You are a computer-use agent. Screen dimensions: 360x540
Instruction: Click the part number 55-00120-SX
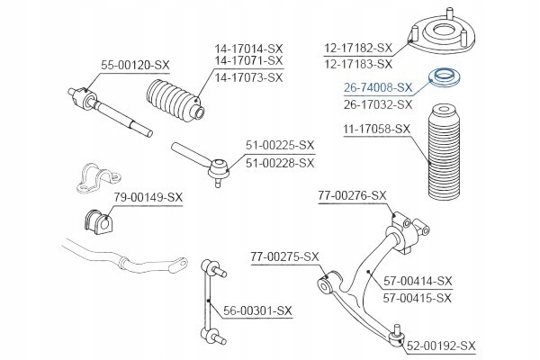[134, 65]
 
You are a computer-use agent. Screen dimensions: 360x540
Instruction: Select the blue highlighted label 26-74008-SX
[378, 88]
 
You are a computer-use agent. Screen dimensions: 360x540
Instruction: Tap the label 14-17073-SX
[248, 77]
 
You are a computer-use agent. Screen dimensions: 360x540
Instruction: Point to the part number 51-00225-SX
[280, 145]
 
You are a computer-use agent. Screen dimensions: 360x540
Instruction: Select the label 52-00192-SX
[441, 345]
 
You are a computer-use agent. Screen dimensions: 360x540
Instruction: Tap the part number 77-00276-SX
[352, 195]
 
